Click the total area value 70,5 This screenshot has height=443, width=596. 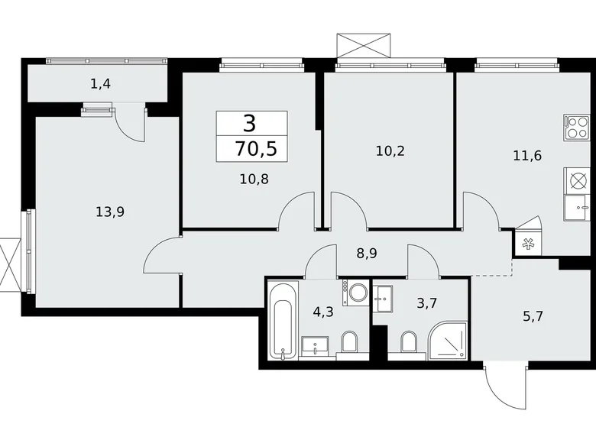point(256,148)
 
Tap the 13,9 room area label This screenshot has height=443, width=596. point(110,212)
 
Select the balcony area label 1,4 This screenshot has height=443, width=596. point(101,84)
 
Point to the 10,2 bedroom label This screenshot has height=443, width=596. point(390,151)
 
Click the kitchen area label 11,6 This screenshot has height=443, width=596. point(527,156)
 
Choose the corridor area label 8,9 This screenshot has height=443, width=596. point(367,254)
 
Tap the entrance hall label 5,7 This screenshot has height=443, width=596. point(533,316)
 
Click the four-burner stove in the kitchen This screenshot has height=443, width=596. point(576,127)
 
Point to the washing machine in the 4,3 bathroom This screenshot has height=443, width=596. point(356,293)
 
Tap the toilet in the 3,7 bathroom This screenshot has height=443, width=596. point(409,343)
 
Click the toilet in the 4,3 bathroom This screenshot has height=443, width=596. point(350,343)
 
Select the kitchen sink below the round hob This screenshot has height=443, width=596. point(576,208)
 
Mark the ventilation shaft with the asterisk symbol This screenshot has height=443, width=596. point(527,244)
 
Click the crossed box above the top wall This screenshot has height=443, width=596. point(364,46)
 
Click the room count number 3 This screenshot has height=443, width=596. point(249,124)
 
